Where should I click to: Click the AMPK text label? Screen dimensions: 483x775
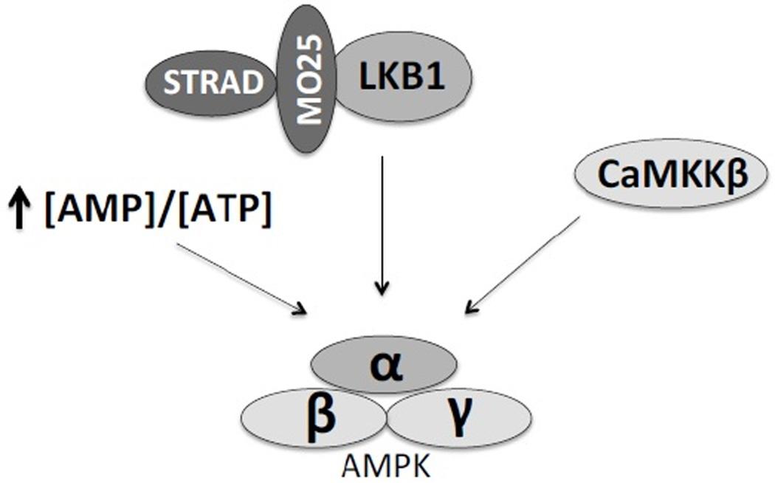point(387,466)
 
